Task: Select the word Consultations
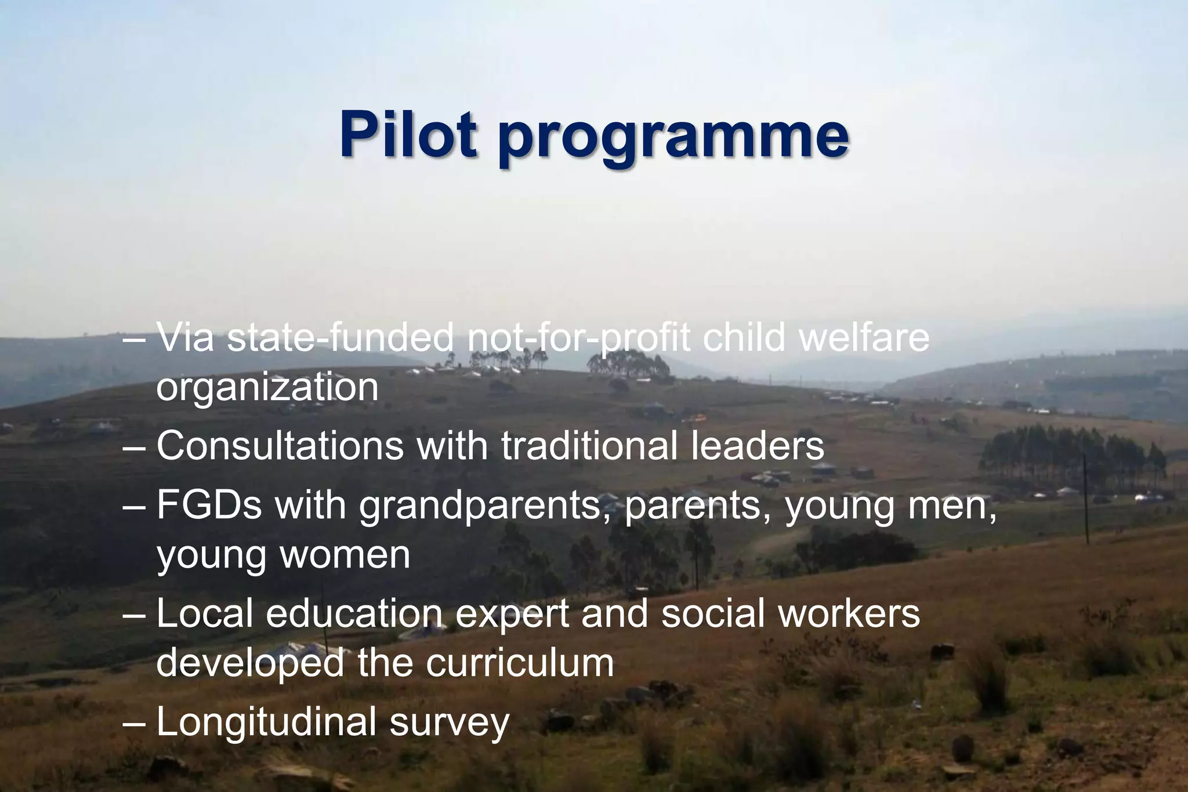[x=280, y=446]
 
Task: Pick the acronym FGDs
[x=209, y=505]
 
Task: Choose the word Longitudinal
[x=266, y=723]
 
